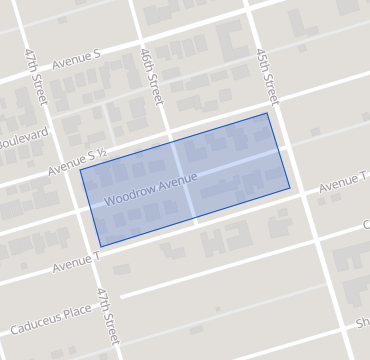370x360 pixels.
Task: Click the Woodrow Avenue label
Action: pyautogui.click(x=150, y=189)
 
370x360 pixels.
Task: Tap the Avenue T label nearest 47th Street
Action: pyautogui.click(x=76, y=262)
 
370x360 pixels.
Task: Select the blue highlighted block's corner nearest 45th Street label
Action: pyautogui.click(x=267, y=113)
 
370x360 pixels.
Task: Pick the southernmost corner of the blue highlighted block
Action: pyautogui.click(x=100, y=246)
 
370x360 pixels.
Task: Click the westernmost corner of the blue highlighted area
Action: pyautogui.click(x=80, y=169)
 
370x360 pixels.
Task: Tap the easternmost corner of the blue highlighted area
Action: pyautogui.click(x=290, y=187)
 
